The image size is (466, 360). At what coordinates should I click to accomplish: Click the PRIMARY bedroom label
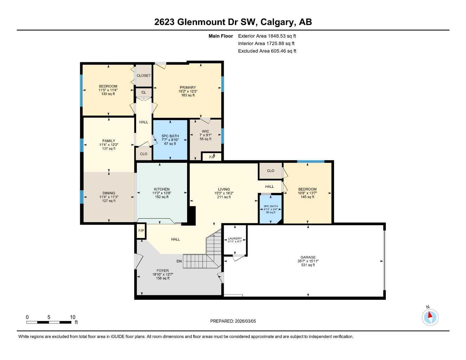tap(188, 88)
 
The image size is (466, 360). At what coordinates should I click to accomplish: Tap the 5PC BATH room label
tap(170, 136)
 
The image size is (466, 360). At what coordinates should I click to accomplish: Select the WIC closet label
tap(205, 131)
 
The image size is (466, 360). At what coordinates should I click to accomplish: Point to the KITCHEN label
tap(162, 189)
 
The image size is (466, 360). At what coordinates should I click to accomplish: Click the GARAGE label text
tap(308, 257)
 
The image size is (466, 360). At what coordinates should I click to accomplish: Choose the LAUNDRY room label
tap(235, 238)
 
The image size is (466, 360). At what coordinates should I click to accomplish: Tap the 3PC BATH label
tap(271, 206)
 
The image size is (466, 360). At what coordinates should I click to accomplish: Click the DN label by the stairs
tap(179, 261)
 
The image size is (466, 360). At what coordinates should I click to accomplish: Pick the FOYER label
tap(162, 271)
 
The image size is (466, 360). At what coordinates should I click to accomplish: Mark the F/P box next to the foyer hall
tap(141, 231)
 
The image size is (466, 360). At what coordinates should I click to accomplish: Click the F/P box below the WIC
tap(212, 157)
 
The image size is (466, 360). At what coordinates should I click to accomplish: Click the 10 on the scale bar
tap(72, 317)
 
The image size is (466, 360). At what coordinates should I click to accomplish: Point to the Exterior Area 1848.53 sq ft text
tap(267, 36)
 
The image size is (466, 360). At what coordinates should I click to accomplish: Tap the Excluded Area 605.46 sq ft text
tap(267, 51)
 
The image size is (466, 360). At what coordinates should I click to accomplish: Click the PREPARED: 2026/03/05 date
tap(233, 321)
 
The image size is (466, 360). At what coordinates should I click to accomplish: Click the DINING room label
tap(109, 193)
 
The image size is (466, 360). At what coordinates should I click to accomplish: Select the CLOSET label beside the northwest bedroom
tap(143, 76)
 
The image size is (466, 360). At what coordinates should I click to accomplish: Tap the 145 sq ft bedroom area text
tap(307, 197)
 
